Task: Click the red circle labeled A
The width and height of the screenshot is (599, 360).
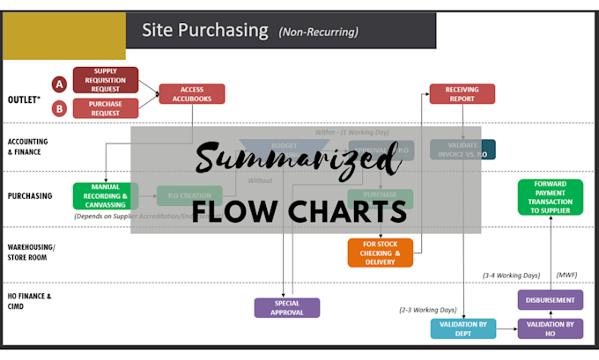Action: pyautogui.click(x=60, y=84)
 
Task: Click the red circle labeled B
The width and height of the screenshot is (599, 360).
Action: pyautogui.click(x=60, y=109)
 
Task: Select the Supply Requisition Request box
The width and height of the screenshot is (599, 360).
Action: pyautogui.click(x=105, y=79)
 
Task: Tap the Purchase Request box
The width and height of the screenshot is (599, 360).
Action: pyautogui.click(x=105, y=108)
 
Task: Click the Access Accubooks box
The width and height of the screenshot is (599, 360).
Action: pyautogui.click(x=192, y=94)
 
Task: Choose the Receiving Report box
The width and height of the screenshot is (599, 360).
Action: pyautogui.click(x=462, y=94)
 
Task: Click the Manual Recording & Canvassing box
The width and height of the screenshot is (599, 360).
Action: pyautogui.click(x=105, y=195)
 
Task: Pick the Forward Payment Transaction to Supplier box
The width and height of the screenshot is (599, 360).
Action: pyautogui.click(x=551, y=196)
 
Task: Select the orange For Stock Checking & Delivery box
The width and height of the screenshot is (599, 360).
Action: pyautogui.click(x=380, y=252)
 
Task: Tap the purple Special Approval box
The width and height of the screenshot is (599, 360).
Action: pyautogui.click(x=287, y=307)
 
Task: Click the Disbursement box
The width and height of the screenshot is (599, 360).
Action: pyautogui.click(x=550, y=300)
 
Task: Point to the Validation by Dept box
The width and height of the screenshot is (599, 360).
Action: pyautogui.click(x=462, y=328)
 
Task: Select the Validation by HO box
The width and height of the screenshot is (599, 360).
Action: pyautogui.click(x=550, y=328)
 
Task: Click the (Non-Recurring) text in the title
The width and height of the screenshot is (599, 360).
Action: pyautogui.click(x=318, y=33)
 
